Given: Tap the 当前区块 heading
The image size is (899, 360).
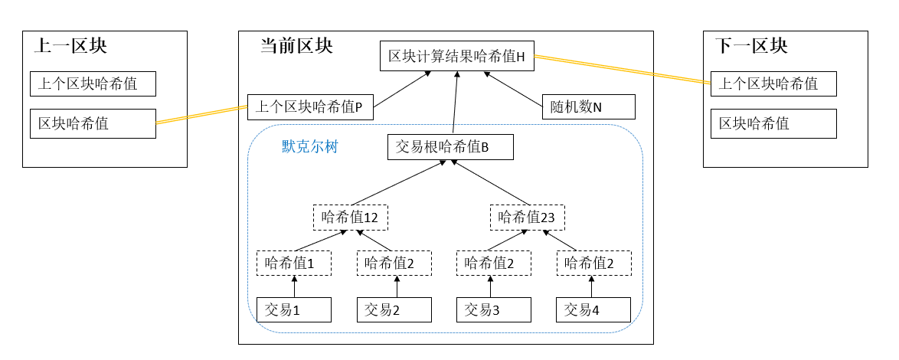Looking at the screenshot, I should click(x=296, y=46).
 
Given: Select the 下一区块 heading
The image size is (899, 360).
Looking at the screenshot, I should click(x=751, y=46).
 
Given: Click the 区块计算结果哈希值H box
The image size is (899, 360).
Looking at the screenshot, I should click(x=456, y=57).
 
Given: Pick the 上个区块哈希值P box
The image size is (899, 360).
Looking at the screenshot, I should click(x=309, y=107).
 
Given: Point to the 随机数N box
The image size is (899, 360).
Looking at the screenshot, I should click(x=588, y=107).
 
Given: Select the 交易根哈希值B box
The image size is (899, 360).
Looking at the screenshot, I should click(x=450, y=147).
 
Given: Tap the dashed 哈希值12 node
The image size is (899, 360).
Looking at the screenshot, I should click(x=350, y=217).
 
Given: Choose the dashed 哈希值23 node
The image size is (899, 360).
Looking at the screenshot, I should click(x=527, y=217).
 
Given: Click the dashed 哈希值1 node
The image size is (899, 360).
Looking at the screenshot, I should click(x=294, y=263).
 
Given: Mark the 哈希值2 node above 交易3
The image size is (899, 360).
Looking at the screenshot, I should click(x=494, y=263).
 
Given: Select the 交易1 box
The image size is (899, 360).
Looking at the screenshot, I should click(x=294, y=309).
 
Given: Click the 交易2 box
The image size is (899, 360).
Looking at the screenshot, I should click(x=394, y=309).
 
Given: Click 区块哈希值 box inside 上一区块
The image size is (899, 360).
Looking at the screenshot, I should click(x=93, y=123).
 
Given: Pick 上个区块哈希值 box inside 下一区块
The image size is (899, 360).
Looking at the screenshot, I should click(x=773, y=83).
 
